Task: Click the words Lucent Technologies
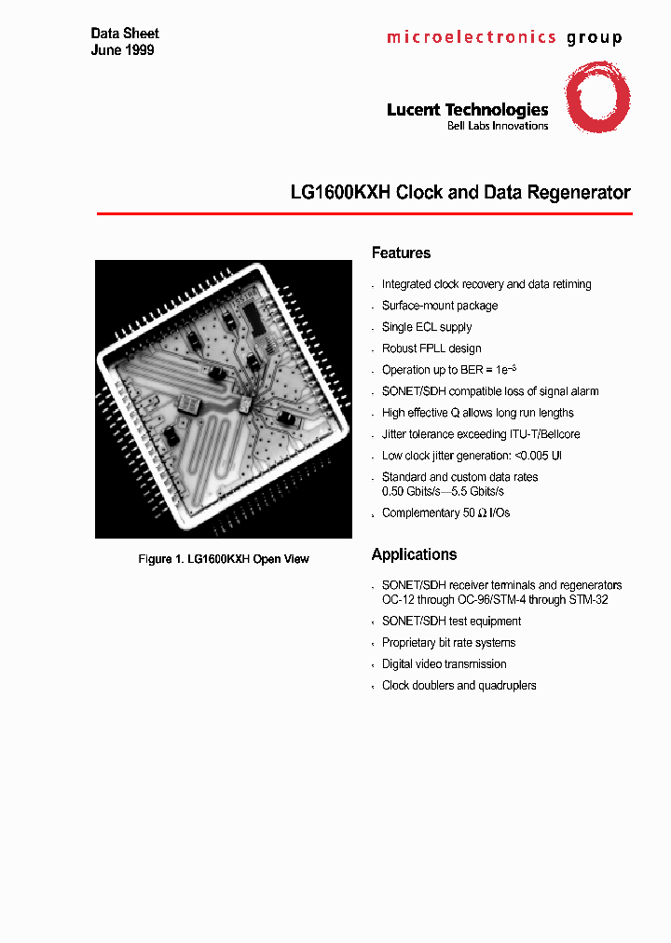click(467, 110)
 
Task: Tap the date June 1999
click(122, 50)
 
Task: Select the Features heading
click(401, 253)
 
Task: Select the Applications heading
click(414, 554)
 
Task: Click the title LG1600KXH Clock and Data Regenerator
click(460, 193)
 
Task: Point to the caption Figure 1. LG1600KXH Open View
click(224, 559)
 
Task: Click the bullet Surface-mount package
click(439, 306)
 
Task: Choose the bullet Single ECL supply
click(426, 327)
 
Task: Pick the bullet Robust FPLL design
click(431, 348)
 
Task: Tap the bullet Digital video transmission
click(444, 664)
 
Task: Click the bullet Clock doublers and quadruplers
click(459, 686)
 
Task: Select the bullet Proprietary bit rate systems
click(448, 643)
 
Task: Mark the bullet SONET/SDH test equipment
click(451, 622)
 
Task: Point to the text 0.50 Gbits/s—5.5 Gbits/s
click(443, 491)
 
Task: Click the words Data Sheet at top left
click(125, 34)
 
